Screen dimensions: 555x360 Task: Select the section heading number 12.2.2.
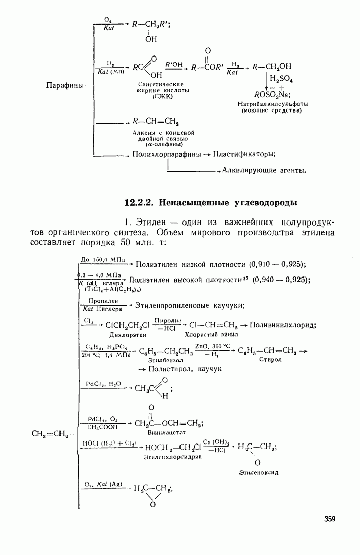click(139, 203)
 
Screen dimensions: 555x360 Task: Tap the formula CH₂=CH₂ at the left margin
click(49, 433)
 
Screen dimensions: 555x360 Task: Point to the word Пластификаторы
click(244, 154)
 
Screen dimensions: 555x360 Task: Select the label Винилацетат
click(167, 432)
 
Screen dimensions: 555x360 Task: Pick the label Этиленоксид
click(259, 473)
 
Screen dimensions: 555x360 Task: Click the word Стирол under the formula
click(270, 360)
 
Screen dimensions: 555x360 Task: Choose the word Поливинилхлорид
click(283, 325)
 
